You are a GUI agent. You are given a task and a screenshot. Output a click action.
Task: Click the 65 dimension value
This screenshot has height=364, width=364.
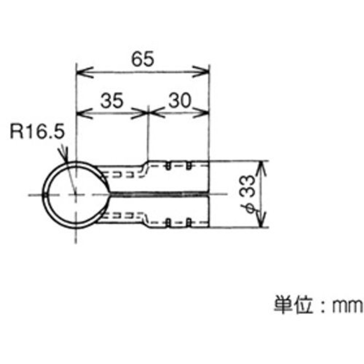pyautogui.click(x=143, y=59)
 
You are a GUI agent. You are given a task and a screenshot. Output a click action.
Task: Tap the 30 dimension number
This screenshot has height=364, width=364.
pyautogui.click(x=180, y=101)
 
